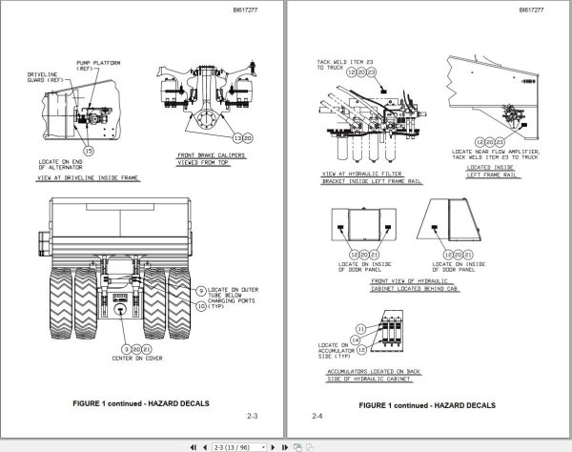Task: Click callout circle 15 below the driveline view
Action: tap(89, 151)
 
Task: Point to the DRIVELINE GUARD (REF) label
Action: tap(47, 79)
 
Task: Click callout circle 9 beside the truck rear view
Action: tap(201, 289)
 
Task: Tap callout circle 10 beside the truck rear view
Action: tap(201, 307)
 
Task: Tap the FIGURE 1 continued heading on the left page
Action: tap(143, 403)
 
